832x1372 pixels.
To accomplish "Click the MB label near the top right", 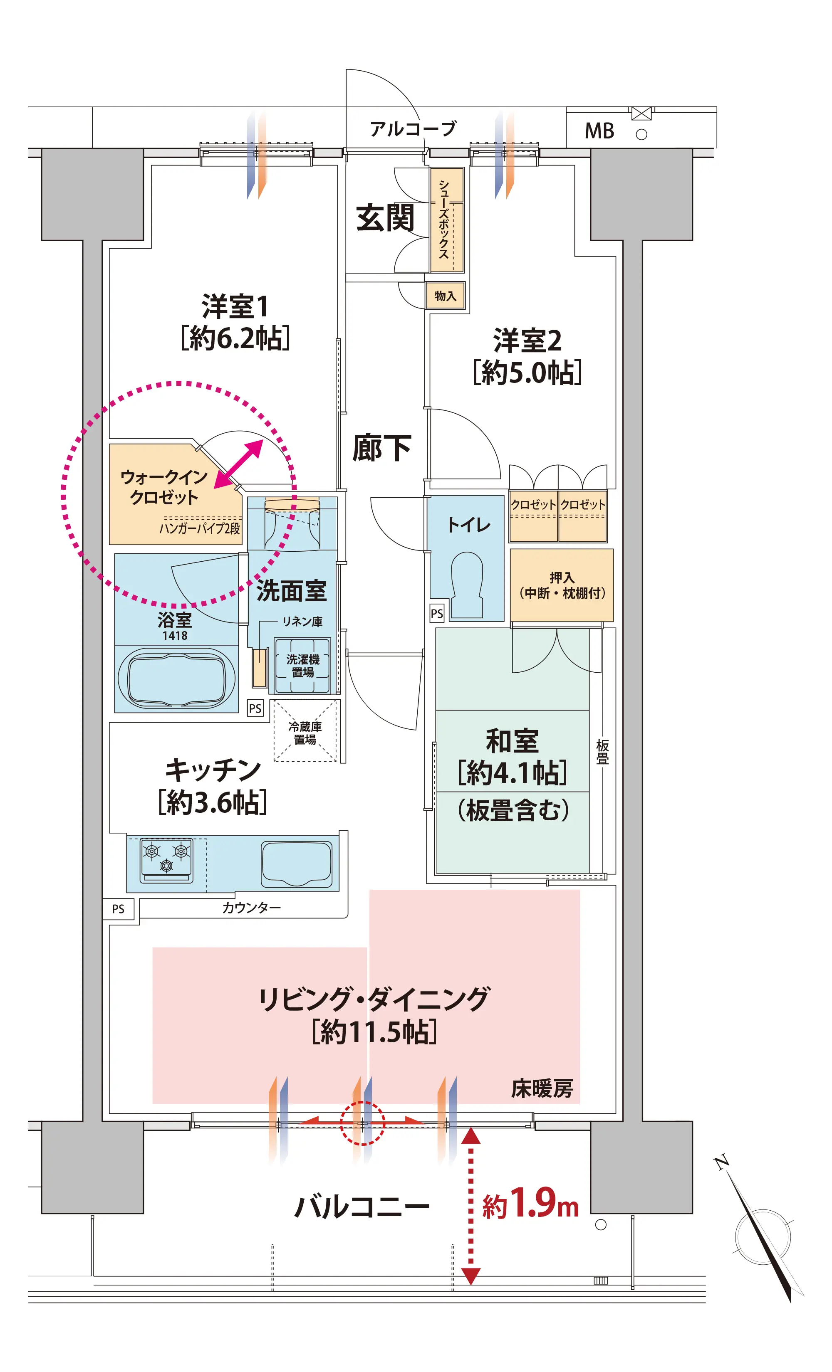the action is point(599,131).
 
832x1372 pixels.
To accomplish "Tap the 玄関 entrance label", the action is point(385,218).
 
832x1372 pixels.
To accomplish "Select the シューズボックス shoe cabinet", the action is point(447,220).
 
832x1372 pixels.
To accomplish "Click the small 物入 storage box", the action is point(445,296).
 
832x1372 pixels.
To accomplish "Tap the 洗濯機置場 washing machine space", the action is point(302,665).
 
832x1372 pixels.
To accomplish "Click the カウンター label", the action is point(251,908).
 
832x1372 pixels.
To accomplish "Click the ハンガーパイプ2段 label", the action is point(200,528).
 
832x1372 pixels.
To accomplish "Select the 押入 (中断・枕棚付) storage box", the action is point(561,585).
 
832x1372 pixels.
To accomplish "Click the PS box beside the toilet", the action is point(437,613).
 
